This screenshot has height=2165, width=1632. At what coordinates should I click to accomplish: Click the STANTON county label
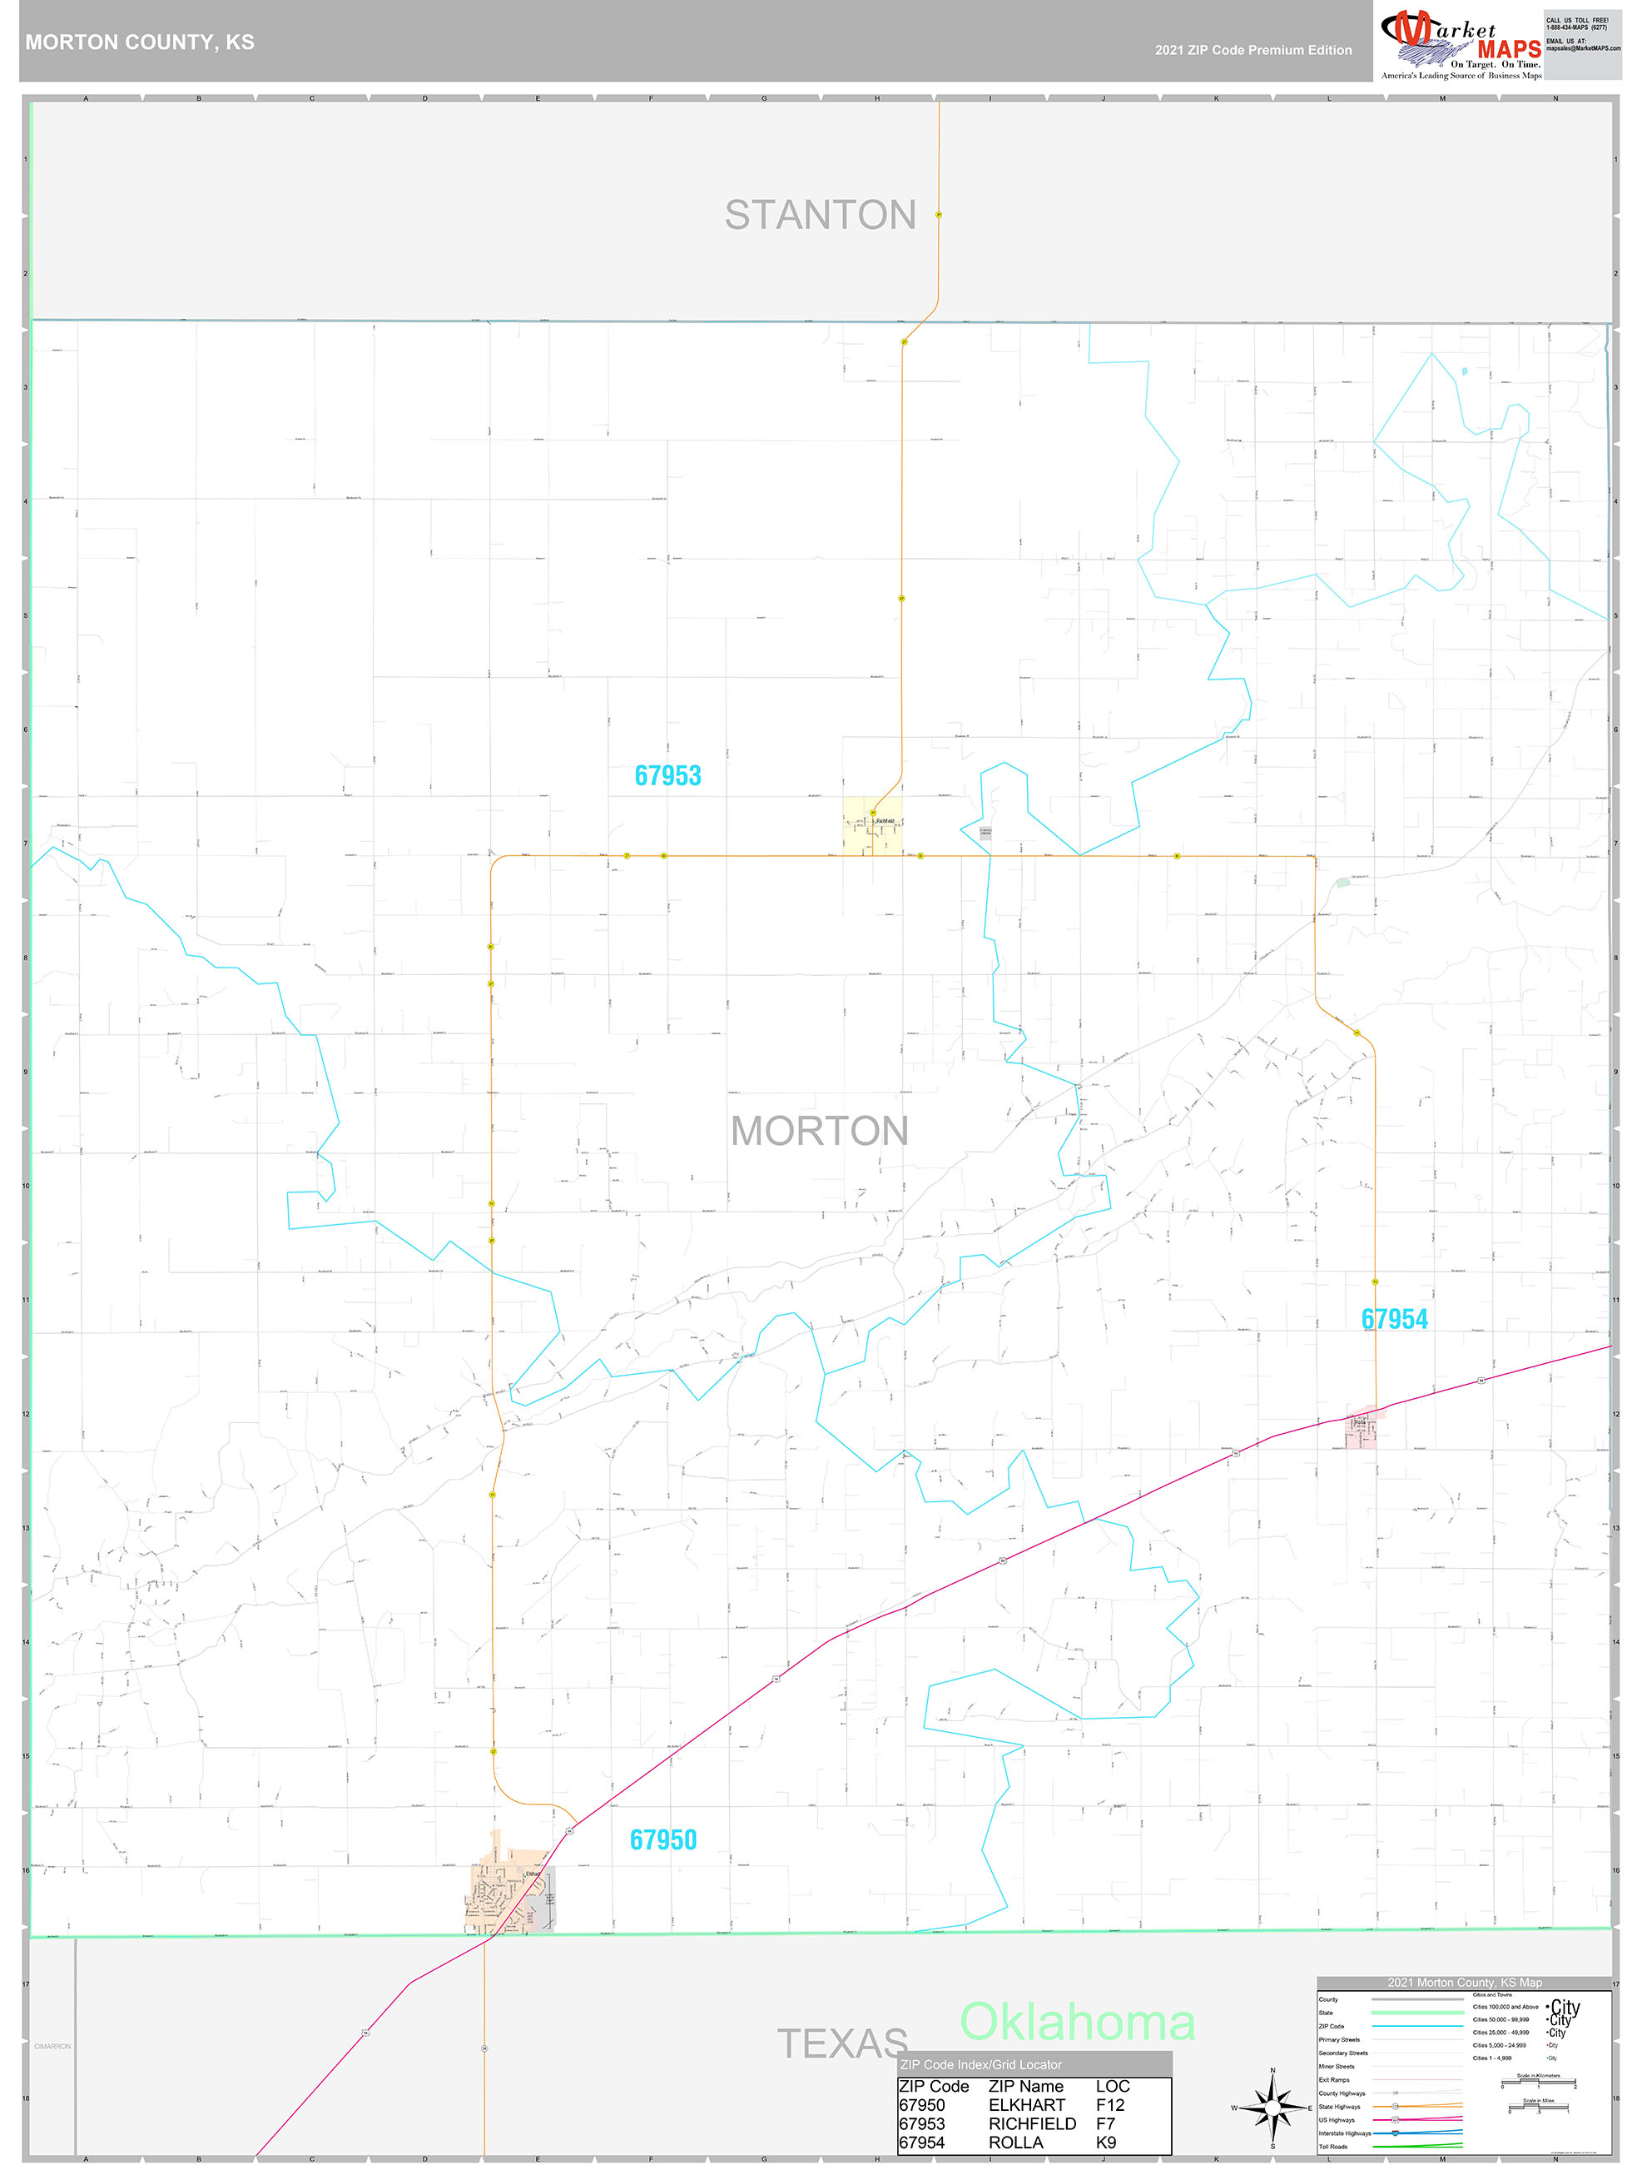(820, 216)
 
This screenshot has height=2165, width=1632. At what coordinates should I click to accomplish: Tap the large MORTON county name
(820, 1132)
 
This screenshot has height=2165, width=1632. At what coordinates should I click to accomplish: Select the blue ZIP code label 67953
(667, 776)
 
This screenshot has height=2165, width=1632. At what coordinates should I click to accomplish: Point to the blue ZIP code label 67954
(1394, 1319)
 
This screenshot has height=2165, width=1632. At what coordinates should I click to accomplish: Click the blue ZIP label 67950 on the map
(662, 1840)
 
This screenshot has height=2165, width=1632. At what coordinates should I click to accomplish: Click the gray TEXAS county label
(841, 2043)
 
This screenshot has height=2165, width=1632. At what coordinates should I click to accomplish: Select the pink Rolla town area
(1361, 1431)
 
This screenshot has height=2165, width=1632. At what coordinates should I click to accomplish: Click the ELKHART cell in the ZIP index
(1026, 2105)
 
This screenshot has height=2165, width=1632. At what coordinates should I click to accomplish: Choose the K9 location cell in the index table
(1105, 2143)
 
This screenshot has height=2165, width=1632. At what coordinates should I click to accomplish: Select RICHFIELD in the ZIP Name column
(1032, 2124)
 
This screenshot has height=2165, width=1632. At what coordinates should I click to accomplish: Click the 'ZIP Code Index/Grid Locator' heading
(980, 2064)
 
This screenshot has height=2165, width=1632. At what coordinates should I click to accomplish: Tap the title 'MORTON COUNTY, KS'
(140, 42)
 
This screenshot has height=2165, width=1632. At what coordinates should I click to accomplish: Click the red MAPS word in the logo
(1509, 49)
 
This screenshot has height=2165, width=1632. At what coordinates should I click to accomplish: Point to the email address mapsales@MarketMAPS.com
(1582, 48)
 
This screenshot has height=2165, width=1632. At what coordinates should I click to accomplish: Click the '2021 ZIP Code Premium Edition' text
(1253, 50)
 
